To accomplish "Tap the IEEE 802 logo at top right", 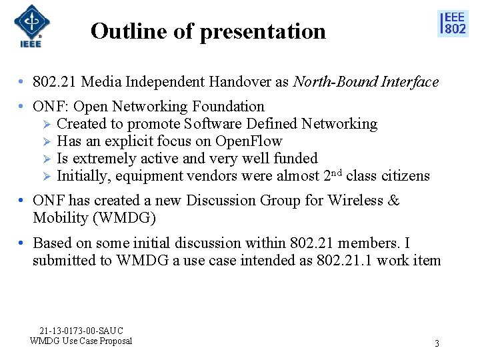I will tap(453, 23).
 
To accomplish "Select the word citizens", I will tap(405, 176).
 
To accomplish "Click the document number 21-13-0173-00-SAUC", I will tap(81, 331).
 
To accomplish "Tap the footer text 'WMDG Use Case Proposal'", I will tap(81, 341).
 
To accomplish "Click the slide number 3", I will tap(437, 344).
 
